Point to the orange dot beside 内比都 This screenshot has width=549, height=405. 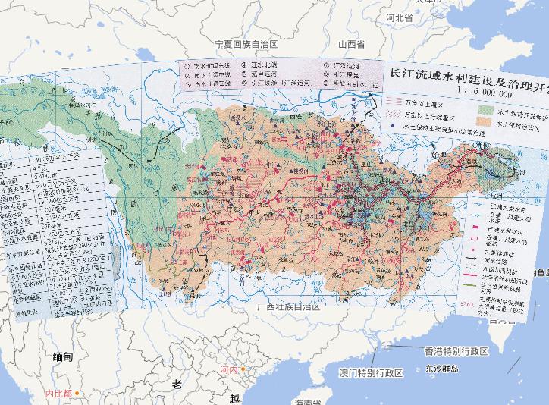(x=77, y=394)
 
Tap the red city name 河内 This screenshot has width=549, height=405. (x=228, y=370)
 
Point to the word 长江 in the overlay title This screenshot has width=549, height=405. (x=402, y=76)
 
